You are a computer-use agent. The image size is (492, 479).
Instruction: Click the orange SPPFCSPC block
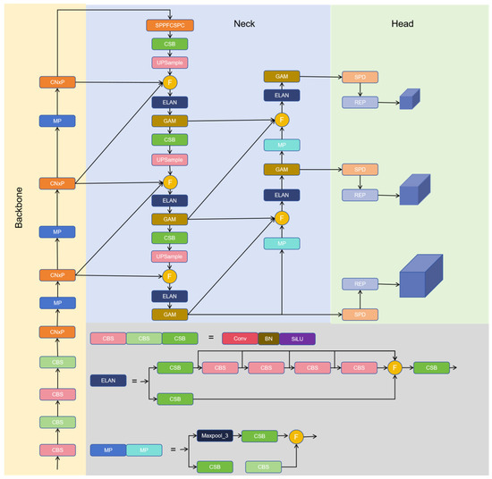click(170, 25)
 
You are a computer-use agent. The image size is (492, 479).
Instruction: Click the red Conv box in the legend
click(240, 339)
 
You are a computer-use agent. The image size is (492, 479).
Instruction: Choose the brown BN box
click(268, 339)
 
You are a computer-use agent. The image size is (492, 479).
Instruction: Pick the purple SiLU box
click(297, 339)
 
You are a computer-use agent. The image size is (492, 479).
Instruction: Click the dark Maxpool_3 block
click(216, 436)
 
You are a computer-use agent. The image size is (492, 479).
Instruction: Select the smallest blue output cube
click(410, 99)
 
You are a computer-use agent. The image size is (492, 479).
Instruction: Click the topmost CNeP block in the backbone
click(56, 82)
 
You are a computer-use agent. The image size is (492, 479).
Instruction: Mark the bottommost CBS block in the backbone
click(56, 450)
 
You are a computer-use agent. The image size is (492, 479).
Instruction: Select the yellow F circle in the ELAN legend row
click(394, 367)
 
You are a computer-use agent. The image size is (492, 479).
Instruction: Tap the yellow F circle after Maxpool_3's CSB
click(296, 436)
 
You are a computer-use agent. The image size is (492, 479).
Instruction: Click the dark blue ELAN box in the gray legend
click(108, 381)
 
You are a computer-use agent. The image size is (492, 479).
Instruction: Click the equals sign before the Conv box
click(208, 339)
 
